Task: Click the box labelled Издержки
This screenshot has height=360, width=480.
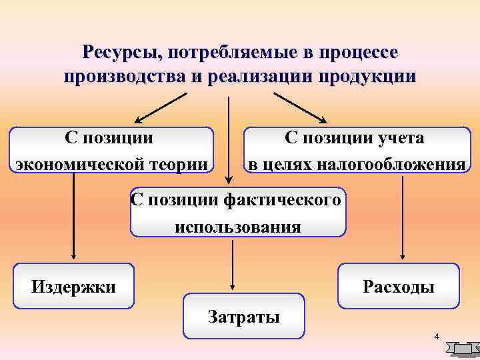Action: click(x=73, y=287)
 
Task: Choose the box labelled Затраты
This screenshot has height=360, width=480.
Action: click(x=243, y=316)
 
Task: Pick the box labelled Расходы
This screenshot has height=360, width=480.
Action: click(x=399, y=287)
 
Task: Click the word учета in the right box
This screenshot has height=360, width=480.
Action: click(x=401, y=138)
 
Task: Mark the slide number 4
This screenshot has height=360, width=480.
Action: click(x=436, y=336)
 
